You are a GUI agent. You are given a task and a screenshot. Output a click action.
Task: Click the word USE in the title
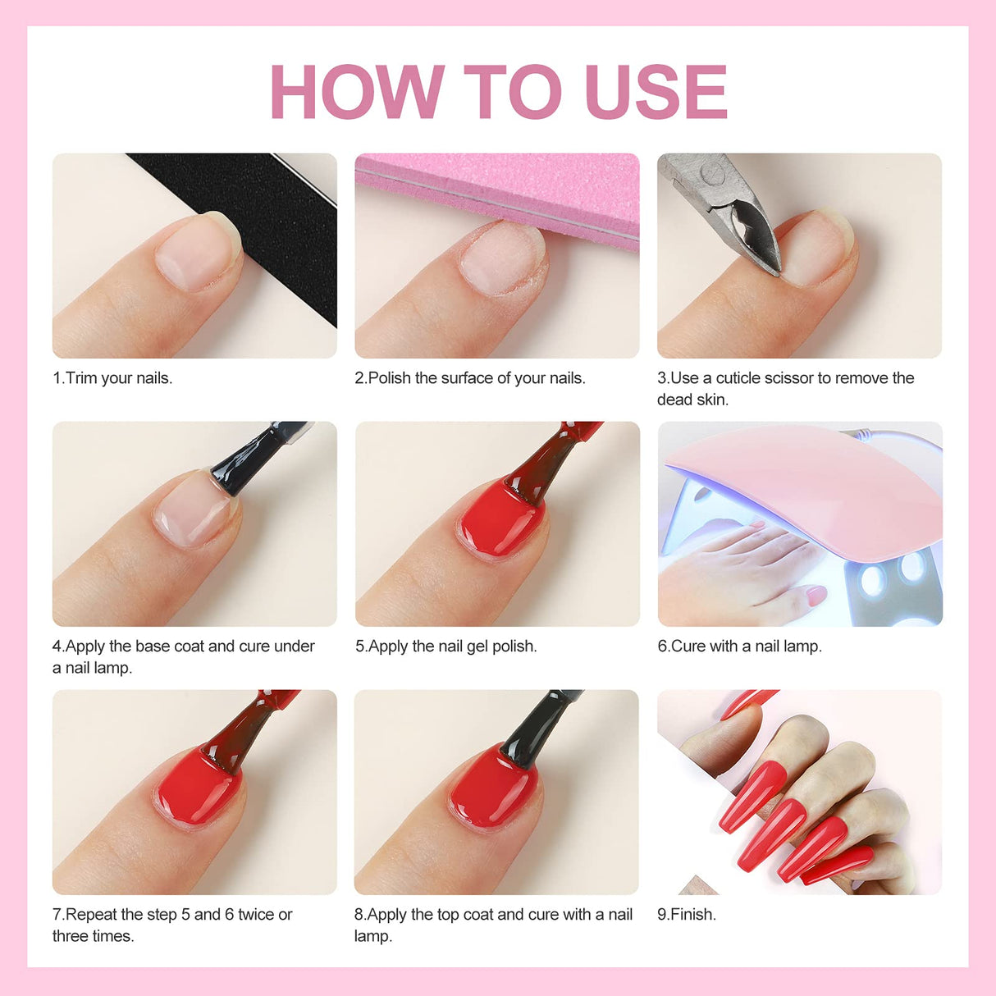pyautogui.click(x=656, y=91)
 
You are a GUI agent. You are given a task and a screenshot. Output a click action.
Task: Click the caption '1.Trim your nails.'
pyautogui.click(x=112, y=378)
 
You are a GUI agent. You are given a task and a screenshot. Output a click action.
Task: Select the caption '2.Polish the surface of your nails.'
pyautogui.click(x=470, y=378)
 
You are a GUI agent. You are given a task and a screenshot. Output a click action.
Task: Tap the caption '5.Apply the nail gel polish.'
pyautogui.click(x=446, y=646)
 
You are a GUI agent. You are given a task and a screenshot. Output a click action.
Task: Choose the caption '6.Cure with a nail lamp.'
pyautogui.click(x=739, y=646)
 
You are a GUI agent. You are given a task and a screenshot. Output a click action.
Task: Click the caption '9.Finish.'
pyautogui.click(x=687, y=915)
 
